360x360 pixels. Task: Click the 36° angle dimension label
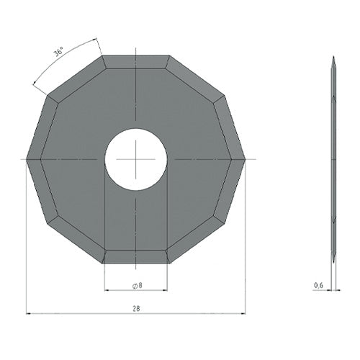[58, 53]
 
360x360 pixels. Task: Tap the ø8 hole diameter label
[138, 285]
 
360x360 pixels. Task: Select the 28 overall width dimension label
[136, 308]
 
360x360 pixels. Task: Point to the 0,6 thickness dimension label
[319, 285]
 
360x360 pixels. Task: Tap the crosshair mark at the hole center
[136, 159]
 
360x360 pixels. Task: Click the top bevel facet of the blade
[136, 62]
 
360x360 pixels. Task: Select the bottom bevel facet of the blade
[136, 256]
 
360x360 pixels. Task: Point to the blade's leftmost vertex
[26, 159]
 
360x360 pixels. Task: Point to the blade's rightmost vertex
[246, 159]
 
